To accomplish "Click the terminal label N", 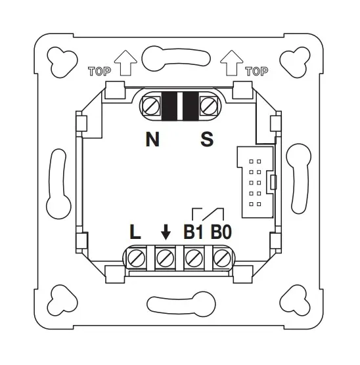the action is [152, 139].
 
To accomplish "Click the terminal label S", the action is [207, 139].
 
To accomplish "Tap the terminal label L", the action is [135, 232].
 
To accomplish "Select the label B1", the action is [193, 232].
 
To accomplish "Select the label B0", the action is [221, 232].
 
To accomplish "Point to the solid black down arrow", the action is [166, 232].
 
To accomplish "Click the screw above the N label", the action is [151, 106].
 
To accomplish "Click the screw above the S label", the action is [209, 106].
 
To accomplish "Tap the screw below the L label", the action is [137, 258].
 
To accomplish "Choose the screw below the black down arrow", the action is [165, 258].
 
